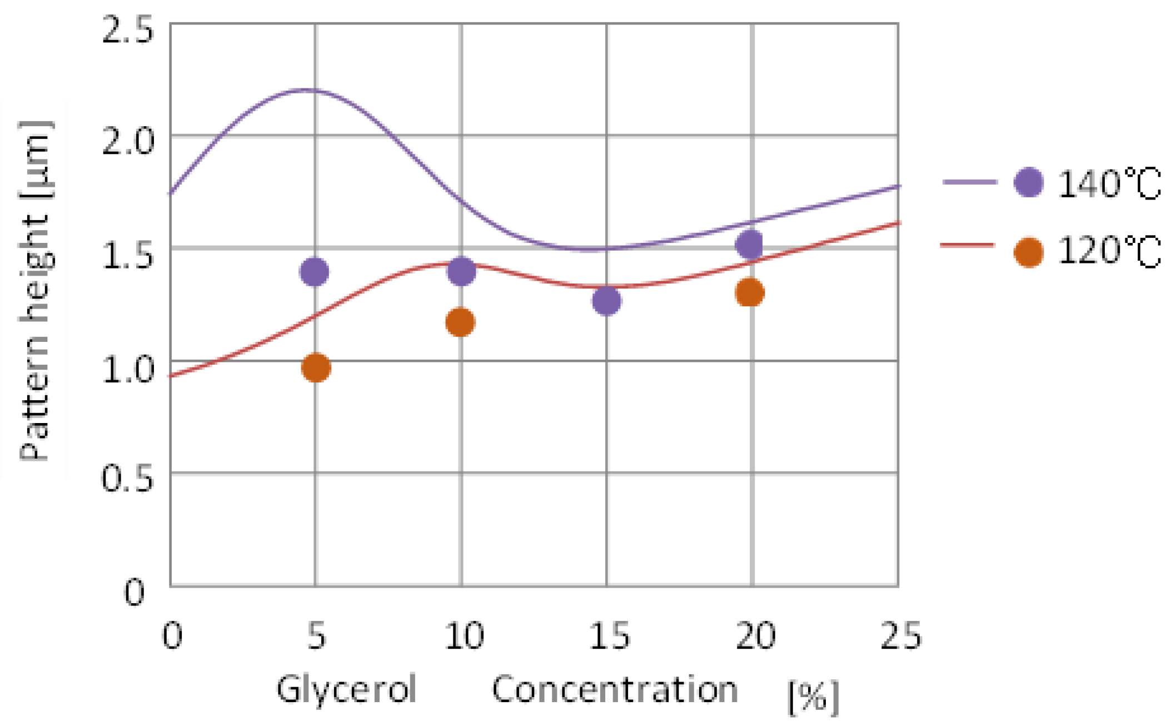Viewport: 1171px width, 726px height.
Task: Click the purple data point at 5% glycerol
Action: pyautogui.click(x=315, y=272)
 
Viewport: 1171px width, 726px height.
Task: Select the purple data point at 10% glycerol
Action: pyautogui.click(x=461, y=271)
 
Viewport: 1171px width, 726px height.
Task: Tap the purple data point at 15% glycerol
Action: pyautogui.click(x=606, y=301)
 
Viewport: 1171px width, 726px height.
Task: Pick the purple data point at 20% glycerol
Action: pyautogui.click(x=750, y=243)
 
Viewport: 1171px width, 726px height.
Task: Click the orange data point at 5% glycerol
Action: pyautogui.click(x=316, y=367)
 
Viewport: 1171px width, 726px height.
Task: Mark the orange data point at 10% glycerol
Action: pyautogui.click(x=460, y=322)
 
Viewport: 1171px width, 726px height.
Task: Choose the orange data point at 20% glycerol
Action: pyautogui.click(x=750, y=292)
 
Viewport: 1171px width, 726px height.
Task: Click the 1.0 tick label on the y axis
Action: pyautogui.click(x=127, y=369)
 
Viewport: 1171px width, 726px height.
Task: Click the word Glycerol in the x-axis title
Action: pyautogui.click(x=346, y=690)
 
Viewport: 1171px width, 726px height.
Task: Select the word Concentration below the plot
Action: pyautogui.click(x=615, y=690)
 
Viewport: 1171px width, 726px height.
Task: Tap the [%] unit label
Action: pyautogui.click(x=813, y=697)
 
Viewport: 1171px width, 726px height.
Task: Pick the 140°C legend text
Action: pyautogui.click(x=1109, y=184)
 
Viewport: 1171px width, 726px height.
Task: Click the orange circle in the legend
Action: pyautogui.click(x=1028, y=252)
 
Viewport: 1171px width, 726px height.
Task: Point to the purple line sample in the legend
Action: pyautogui.click(x=969, y=182)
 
